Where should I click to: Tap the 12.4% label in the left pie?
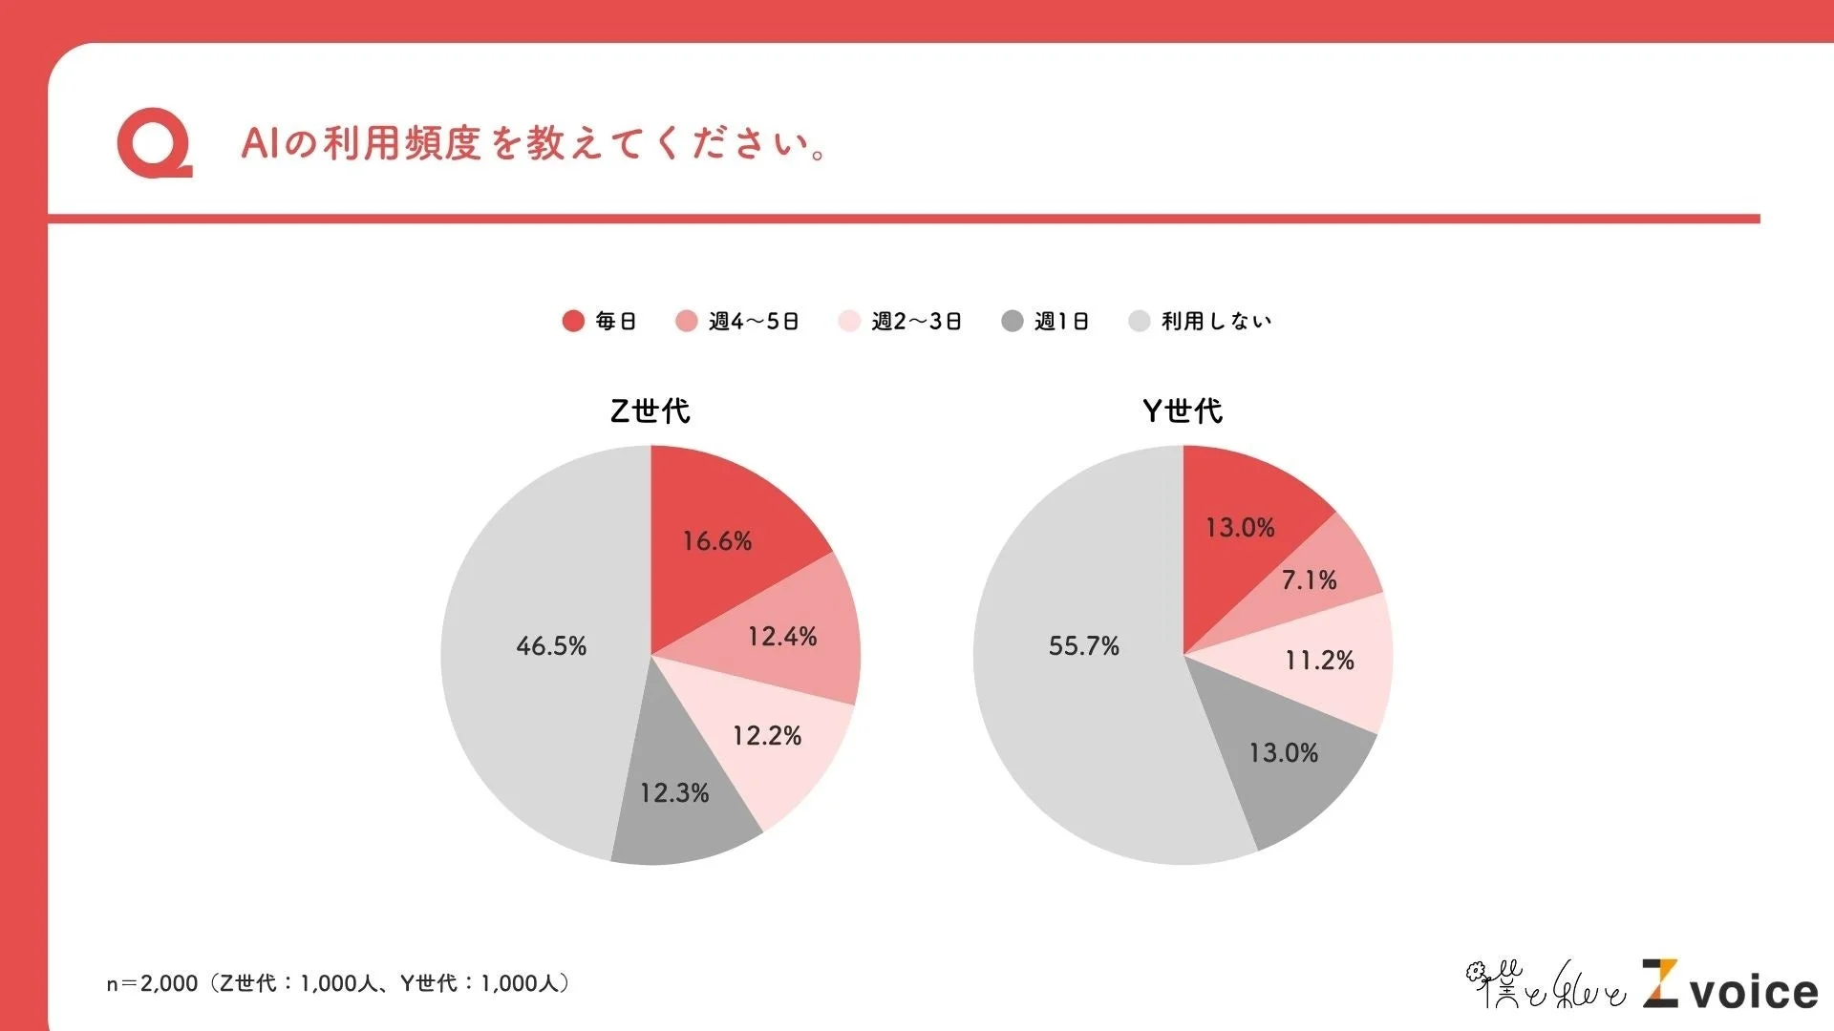[782, 637]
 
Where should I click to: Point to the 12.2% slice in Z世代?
[767, 736]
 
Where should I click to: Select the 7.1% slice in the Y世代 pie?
[1310, 580]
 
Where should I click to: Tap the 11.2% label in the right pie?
[1319, 661]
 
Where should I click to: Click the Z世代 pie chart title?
[650, 411]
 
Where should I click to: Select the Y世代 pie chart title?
[1183, 411]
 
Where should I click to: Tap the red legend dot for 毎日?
[573, 321]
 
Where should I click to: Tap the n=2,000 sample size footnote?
[339, 983]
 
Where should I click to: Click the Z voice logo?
[1730, 986]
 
